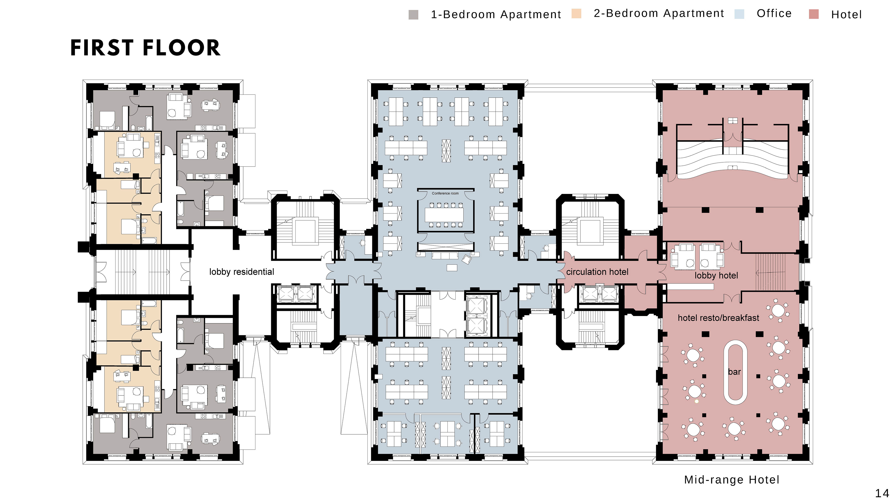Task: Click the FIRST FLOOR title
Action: coord(145,48)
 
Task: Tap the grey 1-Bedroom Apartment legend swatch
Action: coord(413,15)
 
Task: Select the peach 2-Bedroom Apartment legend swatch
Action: coord(576,14)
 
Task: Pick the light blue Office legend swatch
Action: coord(739,14)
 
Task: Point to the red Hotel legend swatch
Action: coord(814,14)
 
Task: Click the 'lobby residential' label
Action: coord(242,272)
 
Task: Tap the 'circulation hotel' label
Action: coord(597,272)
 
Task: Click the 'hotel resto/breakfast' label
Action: coord(718,318)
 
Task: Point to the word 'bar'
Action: coord(734,372)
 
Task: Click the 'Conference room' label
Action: coord(445,193)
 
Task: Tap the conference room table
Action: coord(444,215)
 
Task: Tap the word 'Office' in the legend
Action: coord(774,14)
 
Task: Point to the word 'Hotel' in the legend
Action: coord(846,15)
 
